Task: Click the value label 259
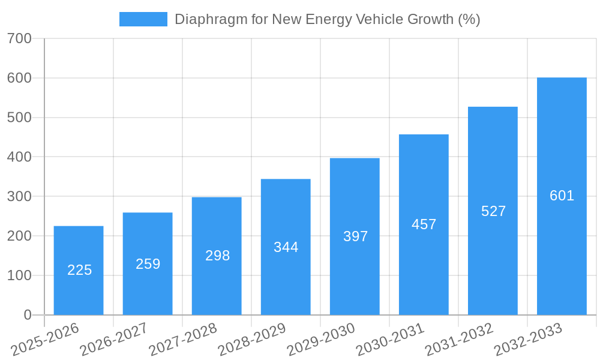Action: [148, 264]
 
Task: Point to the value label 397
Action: [355, 236]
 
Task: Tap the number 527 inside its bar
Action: [493, 211]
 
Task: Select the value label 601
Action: [562, 196]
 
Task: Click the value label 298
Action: [217, 256]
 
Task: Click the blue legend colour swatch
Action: [143, 19]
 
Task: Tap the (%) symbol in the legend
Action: [469, 19]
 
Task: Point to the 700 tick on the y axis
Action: [19, 38]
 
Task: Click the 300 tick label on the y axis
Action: [19, 197]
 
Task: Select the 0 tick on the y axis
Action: [28, 315]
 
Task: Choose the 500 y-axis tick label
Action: [19, 118]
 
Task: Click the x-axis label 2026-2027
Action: [115, 340]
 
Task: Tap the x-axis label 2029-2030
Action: [322, 340]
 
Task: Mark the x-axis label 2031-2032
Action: [460, 340]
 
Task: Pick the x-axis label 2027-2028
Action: [184, 340]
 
